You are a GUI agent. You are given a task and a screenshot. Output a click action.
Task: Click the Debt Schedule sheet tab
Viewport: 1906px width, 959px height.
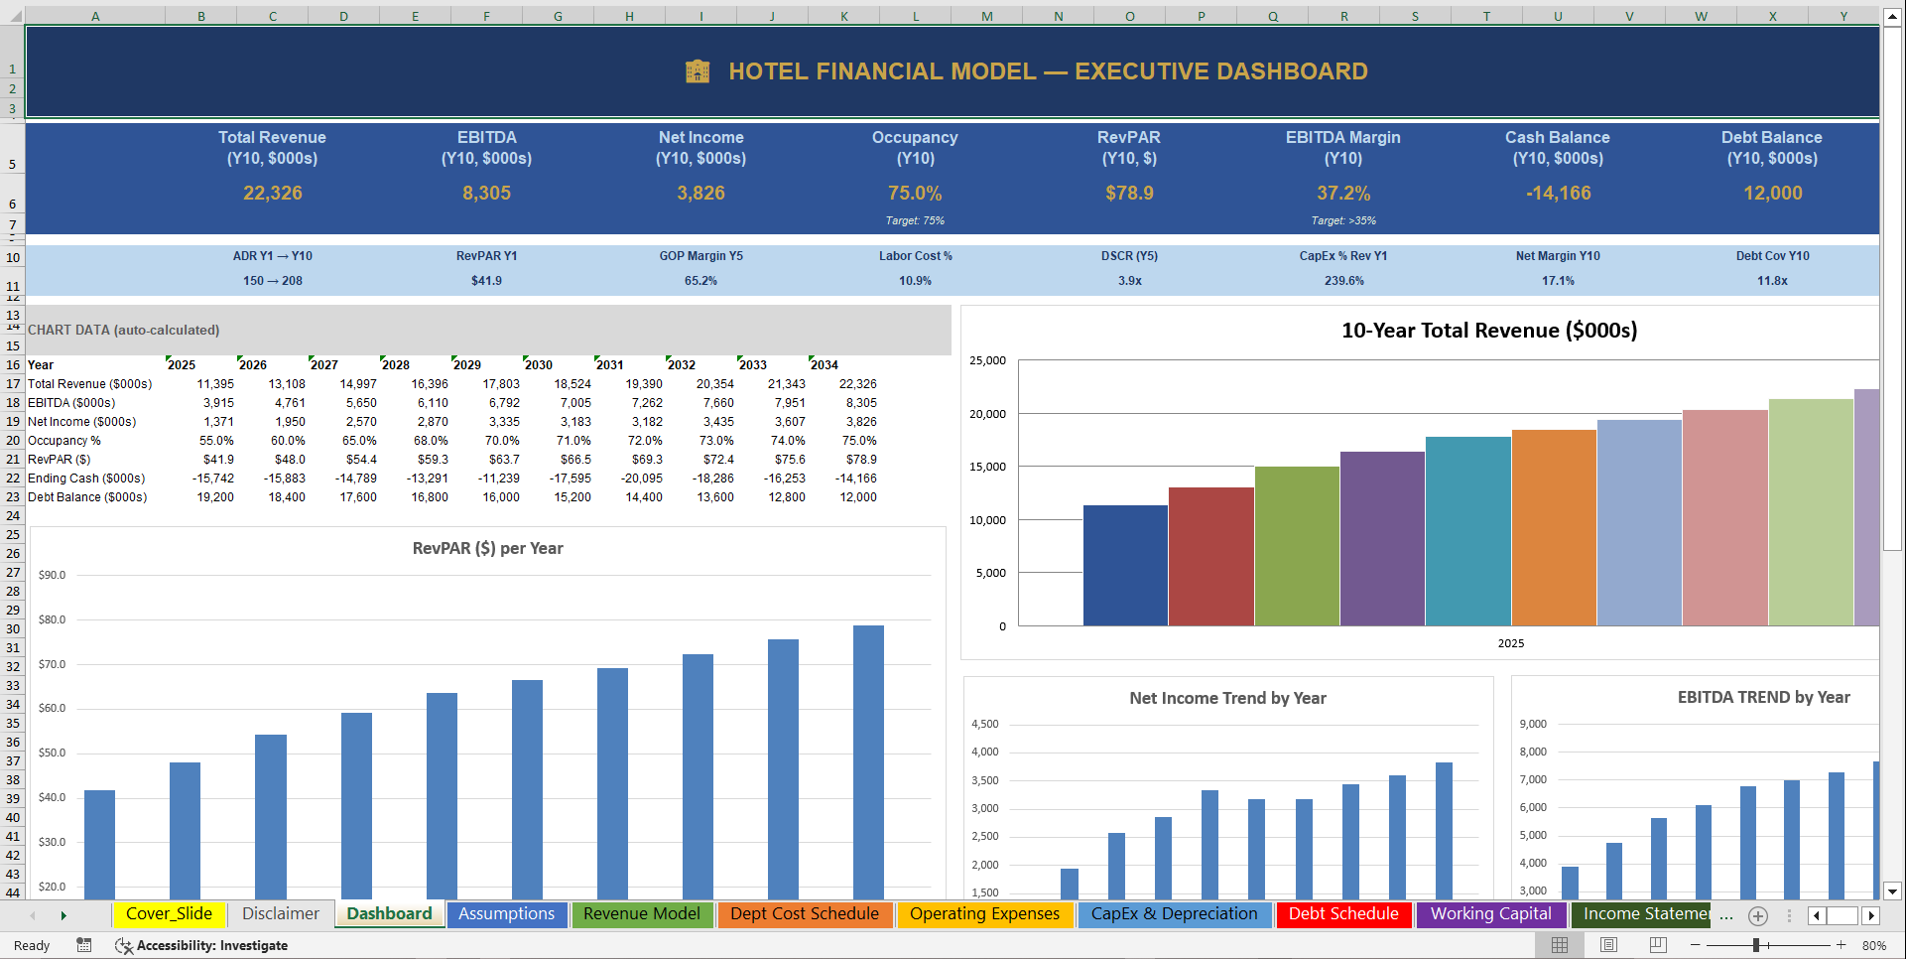[x=1342, y=914]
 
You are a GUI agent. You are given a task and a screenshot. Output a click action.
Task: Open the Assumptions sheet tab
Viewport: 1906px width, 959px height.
[x=506, y=914]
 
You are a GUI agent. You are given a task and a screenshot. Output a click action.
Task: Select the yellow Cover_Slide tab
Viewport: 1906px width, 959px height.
[x=169, y=914]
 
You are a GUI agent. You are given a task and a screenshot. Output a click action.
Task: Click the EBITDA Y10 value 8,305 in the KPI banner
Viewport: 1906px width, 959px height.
[x=486, y=194]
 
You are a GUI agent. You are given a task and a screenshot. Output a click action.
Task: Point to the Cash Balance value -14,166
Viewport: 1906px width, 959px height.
[x=1558, y=194]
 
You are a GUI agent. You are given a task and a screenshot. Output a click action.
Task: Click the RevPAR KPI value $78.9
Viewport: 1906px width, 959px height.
[x=1129, y=194]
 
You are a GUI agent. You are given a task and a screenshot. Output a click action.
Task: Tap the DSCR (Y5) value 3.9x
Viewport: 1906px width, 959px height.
[x=1129, y=281]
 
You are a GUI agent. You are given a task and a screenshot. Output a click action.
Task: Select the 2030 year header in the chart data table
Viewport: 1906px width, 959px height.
[x=539, y=365]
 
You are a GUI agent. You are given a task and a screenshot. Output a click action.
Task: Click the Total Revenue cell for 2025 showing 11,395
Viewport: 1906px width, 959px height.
[x=215, y=384]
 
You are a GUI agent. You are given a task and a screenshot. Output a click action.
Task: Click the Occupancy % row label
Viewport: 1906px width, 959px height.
[x=64, y=441]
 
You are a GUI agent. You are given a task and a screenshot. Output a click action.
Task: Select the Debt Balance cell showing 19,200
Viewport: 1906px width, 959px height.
[x=215, y=497]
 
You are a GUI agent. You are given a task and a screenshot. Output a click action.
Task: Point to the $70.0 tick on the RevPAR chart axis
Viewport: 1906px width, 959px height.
[x=52, y=664]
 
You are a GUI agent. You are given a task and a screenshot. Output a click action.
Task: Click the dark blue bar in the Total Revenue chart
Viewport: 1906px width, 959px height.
[x=1125, y=566]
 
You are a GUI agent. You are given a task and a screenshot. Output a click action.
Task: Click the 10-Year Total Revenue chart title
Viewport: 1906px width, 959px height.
[x=1488, y=331]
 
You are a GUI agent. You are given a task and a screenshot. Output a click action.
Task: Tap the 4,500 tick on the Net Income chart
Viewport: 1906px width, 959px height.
[x=984, y=725]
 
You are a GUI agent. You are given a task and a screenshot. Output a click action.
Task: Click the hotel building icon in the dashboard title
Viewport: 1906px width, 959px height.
[x=698, y=71]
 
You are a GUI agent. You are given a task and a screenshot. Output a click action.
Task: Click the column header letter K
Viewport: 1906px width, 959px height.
[x=843, y=16]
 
